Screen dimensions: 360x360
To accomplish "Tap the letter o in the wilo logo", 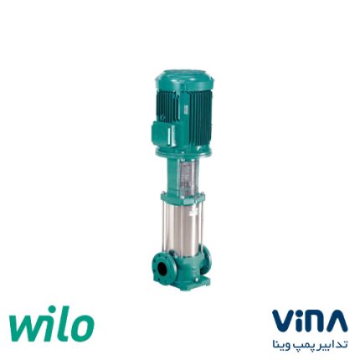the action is coord(82,326).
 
